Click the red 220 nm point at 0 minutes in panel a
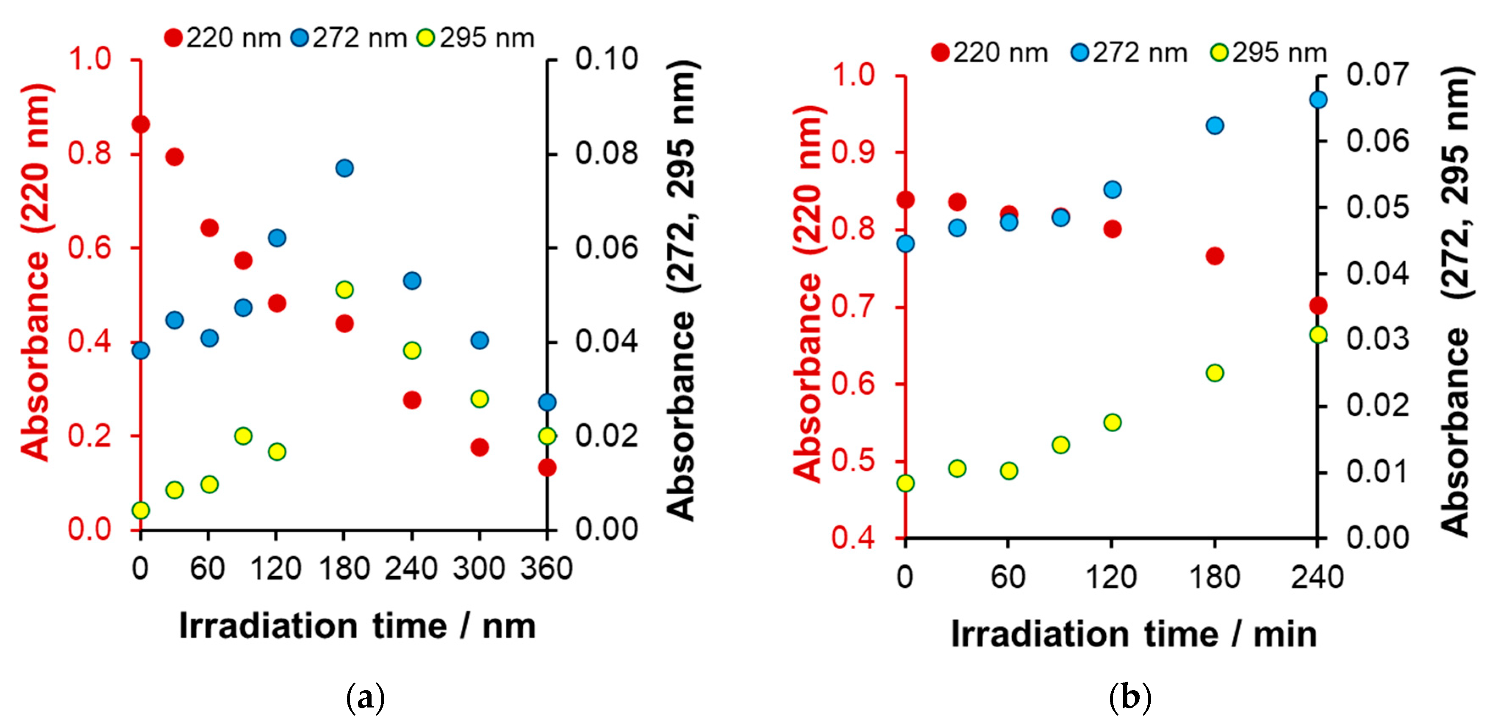141,124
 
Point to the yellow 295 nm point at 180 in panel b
1215,373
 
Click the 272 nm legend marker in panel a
300,38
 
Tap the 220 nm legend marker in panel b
941,53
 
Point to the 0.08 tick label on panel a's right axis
606,153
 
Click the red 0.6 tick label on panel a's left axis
90,248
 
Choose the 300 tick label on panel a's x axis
479,569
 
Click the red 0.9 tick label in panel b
853,152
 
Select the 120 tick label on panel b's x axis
1111,577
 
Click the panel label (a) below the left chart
365,698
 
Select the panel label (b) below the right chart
1129,698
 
